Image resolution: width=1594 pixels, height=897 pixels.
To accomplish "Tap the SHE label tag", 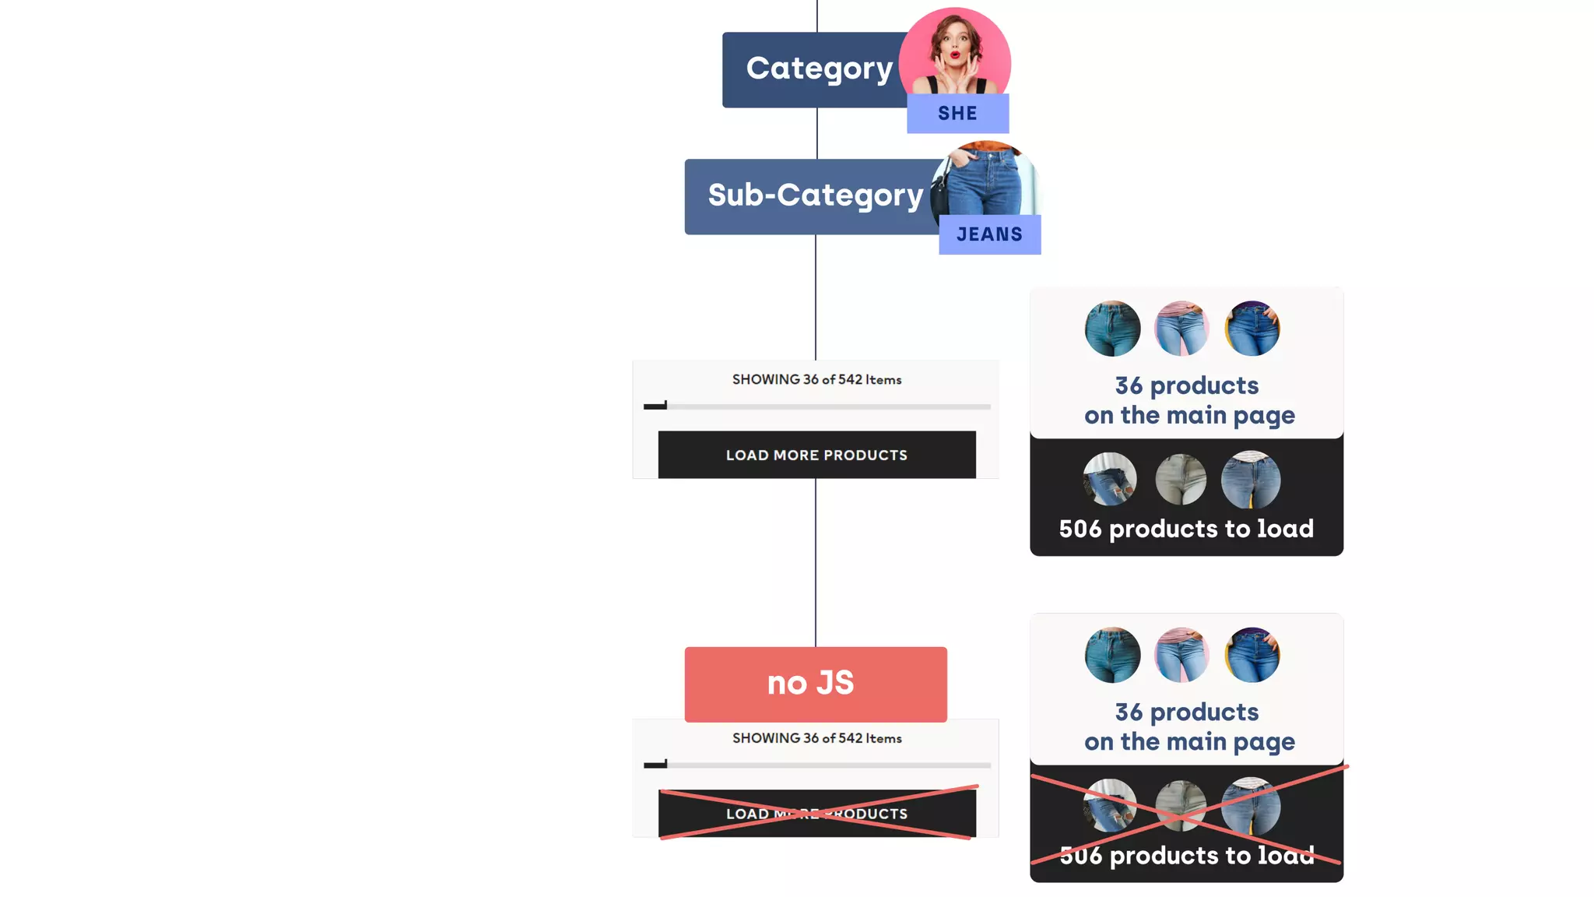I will [x=957, y=114].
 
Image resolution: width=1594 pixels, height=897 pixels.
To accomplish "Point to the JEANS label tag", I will [x=989, y=234].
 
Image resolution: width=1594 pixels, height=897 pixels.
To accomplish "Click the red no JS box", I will [x=815, y=684].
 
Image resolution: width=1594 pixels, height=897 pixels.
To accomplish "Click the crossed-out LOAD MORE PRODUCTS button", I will [x=816, y=814].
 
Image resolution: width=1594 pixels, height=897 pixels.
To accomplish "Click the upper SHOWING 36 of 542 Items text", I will [x=816, y=380].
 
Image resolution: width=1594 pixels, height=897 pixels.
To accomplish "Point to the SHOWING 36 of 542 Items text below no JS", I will [x=816, y=738].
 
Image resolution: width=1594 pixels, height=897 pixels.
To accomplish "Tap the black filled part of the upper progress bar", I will [x=655, y=406].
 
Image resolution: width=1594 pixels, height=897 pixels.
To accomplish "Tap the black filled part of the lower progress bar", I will [x=655, y=765].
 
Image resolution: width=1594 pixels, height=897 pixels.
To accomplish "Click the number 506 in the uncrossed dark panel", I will [x=1080, y=529].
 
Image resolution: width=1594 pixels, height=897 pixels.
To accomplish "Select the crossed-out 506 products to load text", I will [x=1186, y=856].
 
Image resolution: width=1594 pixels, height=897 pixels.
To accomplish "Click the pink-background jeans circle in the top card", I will [x=1181, y=329].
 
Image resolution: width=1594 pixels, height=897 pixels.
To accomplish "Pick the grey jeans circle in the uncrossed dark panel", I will [x=1181, y=480].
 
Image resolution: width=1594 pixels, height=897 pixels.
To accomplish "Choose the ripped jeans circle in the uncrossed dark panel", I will [x=1110, y=480].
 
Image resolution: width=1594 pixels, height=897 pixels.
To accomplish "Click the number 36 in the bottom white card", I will [x=1129, y=712].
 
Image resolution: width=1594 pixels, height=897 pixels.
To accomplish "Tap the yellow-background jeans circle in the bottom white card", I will [x=1252, y=656].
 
